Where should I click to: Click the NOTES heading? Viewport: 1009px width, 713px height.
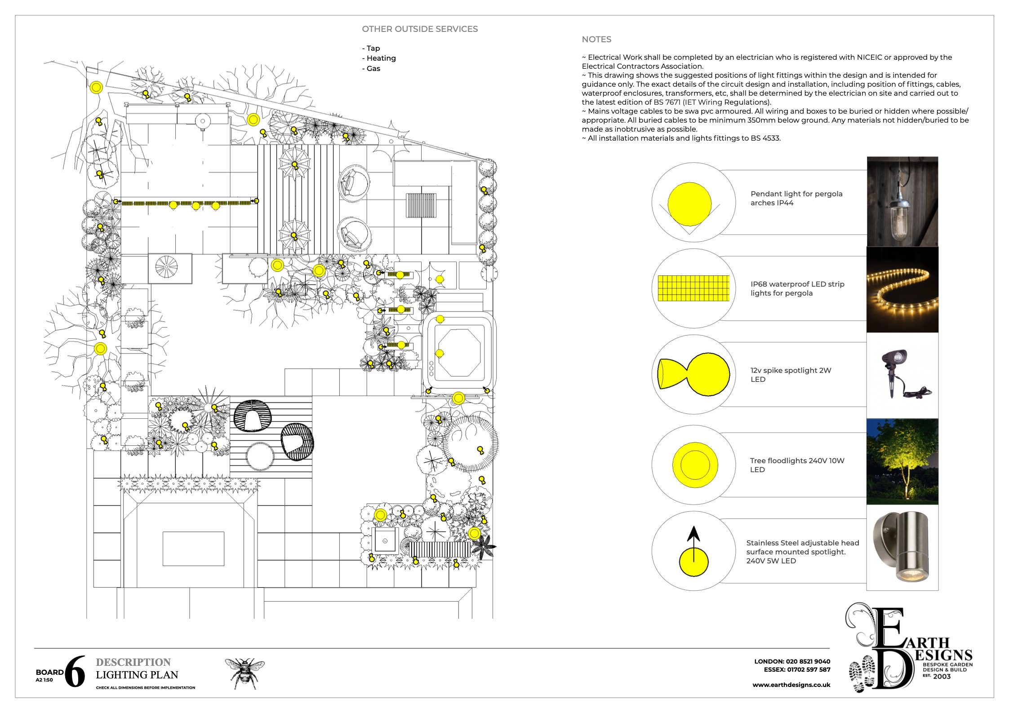tap(596, 40)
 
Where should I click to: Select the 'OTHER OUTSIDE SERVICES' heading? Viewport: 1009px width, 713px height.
tap(420, 29)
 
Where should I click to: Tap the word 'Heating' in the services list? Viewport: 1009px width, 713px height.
tap(381, 58)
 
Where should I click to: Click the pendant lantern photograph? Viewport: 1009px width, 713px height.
tap(902, 201)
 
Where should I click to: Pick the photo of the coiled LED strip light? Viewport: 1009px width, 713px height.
tap(902, 289)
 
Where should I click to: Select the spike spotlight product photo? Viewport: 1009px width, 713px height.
tap(902, 376)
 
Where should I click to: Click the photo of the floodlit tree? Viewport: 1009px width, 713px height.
tap(902, 461)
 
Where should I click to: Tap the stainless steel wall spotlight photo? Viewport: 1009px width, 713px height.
tap(902, 547)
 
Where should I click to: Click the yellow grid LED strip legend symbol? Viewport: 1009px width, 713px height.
tap(693, 288)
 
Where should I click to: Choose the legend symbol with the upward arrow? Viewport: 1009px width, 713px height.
tap(694, 552)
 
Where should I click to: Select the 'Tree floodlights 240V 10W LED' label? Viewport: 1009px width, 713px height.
tap(797, 465)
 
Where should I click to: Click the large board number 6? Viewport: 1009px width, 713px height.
tap(75, 672)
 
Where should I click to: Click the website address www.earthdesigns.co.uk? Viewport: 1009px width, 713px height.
tap(791, 685)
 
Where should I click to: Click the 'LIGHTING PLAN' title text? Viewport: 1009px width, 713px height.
tap(137, 675)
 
